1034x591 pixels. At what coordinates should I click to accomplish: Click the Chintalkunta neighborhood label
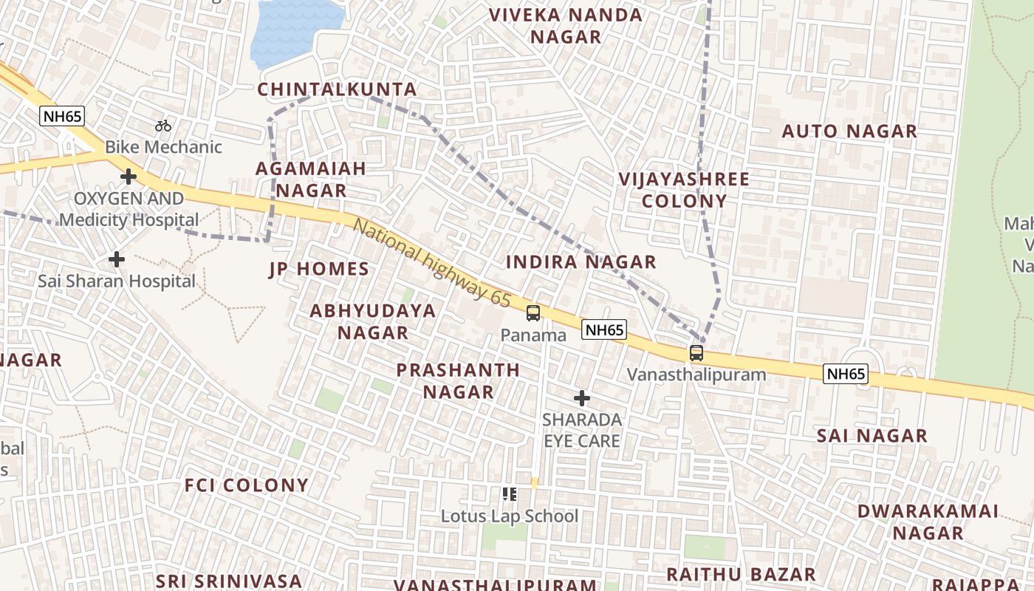[x=338, y=89]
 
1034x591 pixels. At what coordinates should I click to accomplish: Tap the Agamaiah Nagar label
[x=310, y=179]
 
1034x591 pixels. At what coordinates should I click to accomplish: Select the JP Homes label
[x=319, y=269]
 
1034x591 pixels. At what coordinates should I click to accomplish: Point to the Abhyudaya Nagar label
[x=372, y=321]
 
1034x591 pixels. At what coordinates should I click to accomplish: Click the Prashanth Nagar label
[x=458, y=380]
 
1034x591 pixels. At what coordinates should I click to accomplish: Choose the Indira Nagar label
[x=581, y=262]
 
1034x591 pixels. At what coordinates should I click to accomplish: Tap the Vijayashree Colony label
[x=684, y=190]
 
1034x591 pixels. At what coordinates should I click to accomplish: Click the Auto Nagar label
[x=849, y=131]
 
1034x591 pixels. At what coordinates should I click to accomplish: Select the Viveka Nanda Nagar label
[x=566, y=26]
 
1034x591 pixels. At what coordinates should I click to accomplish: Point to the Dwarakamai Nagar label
[x=928, y=522]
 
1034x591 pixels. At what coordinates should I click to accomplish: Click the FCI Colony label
[x=247, y=485]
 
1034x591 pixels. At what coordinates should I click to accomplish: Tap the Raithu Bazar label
[x=741, y=574]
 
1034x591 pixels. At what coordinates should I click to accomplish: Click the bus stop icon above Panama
[x=533, y=313]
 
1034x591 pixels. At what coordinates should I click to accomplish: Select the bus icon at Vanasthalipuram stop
[x=696, y=353]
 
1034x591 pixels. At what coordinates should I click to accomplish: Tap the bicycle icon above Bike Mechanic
[x=163, y=126]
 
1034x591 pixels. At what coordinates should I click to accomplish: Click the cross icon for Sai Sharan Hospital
[x=117, y=259]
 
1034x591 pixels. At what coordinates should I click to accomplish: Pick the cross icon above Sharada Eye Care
[x=582, y=399]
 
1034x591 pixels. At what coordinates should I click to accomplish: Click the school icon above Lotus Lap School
[x=509, y=494]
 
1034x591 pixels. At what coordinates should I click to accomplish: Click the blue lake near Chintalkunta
[x=295, y=33]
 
